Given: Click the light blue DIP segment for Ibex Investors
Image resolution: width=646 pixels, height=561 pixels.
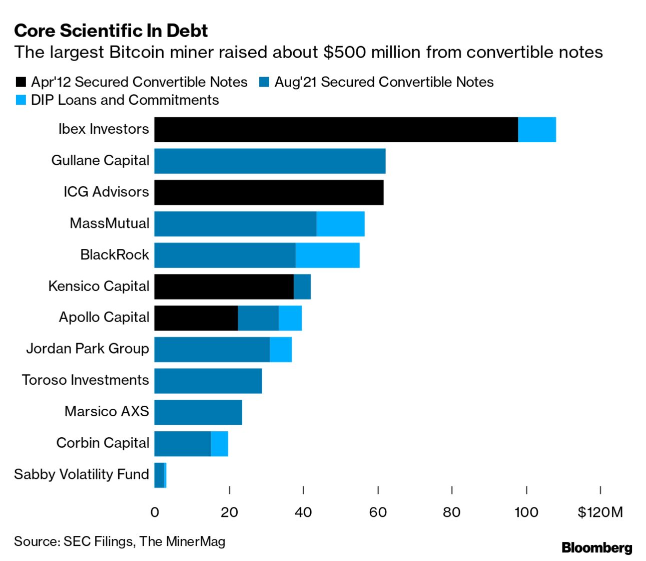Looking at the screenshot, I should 536,130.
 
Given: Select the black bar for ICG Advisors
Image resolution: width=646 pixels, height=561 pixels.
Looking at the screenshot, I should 269,192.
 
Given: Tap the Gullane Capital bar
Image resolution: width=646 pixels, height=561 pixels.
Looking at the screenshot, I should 270,161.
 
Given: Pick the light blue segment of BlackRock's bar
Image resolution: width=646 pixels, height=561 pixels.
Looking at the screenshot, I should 327,255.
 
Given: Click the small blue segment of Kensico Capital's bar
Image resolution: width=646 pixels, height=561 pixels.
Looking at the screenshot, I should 302,287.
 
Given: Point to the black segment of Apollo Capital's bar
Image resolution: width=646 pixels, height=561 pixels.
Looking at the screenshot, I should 196,318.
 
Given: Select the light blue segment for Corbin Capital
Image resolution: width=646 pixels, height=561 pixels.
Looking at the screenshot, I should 219,444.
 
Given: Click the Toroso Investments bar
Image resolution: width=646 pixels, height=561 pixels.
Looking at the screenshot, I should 208,381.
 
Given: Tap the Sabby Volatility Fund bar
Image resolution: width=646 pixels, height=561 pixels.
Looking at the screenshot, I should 160,475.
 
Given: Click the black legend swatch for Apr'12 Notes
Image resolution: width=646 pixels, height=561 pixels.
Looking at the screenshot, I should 21,82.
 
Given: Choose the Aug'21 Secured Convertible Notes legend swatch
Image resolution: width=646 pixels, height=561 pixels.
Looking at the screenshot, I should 264,82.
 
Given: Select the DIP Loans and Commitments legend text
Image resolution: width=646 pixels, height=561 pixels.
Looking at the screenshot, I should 125,100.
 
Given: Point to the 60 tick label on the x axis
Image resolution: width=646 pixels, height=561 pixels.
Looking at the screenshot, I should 378,512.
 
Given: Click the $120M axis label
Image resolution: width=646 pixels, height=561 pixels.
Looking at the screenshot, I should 599,512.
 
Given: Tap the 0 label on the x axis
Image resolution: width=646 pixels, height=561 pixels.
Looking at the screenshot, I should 155,512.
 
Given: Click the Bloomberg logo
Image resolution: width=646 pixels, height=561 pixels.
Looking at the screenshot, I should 596,547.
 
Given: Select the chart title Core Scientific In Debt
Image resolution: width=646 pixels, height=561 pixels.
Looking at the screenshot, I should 111,31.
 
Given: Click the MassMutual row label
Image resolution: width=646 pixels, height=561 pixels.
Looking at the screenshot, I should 109,223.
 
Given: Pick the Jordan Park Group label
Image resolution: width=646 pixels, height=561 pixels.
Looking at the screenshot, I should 87,349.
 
